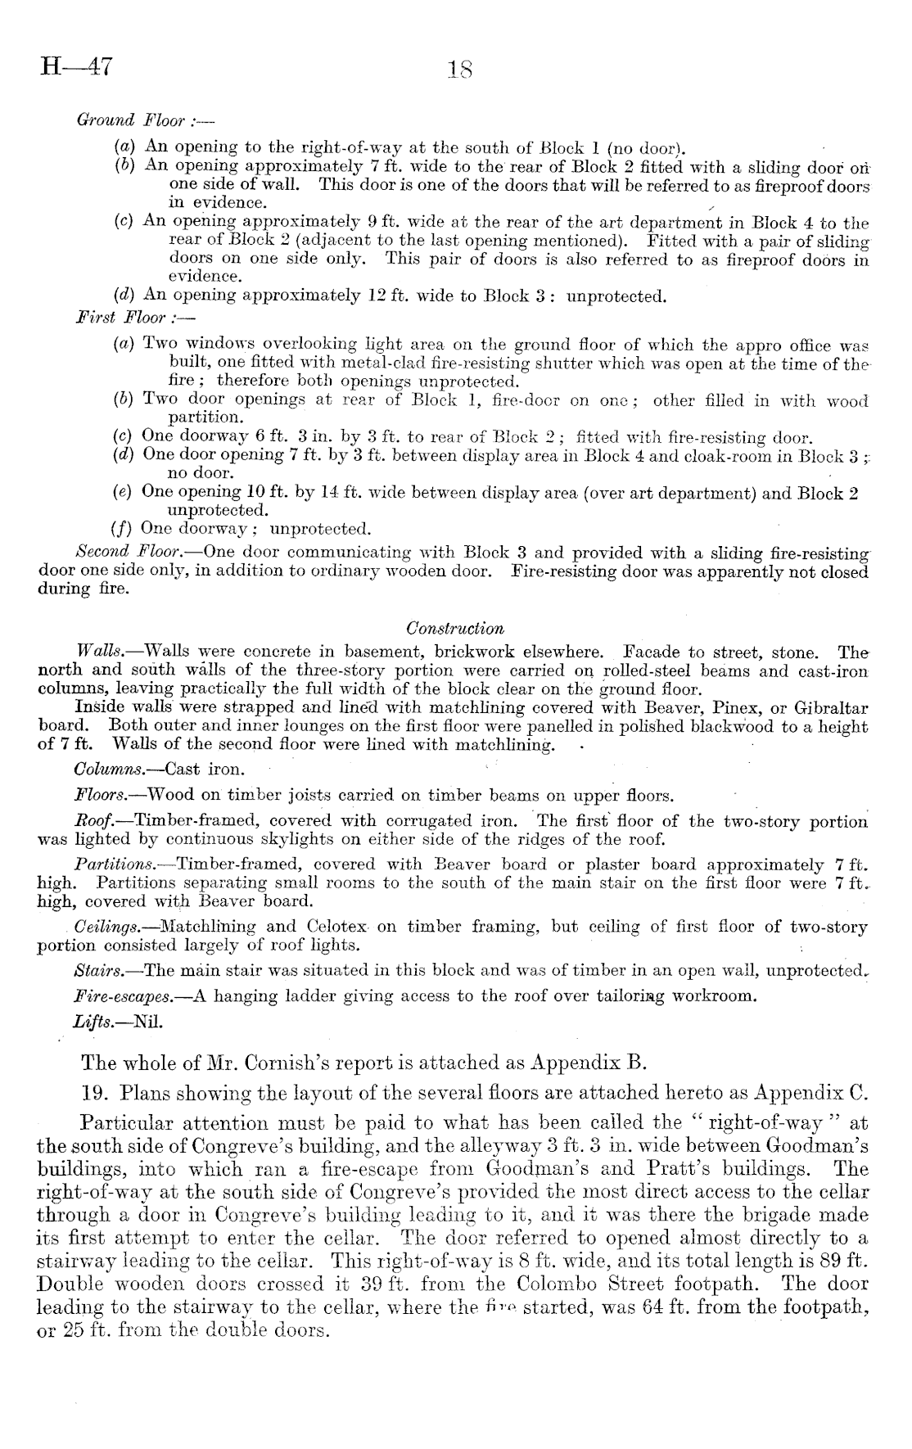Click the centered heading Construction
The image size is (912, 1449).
coord(455,629)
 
